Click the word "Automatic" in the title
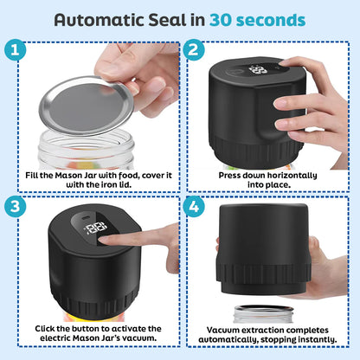(102, 19)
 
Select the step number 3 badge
(15, 209)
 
